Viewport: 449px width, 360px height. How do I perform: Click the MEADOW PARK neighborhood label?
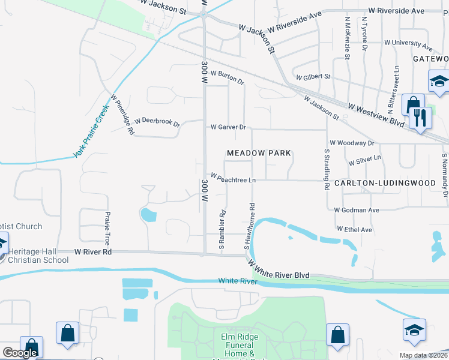pos(259,153)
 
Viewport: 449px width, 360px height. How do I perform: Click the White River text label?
pos(238,281)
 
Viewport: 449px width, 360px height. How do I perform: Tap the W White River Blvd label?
pos(279,266)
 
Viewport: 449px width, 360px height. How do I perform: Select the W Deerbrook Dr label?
pos(157,122)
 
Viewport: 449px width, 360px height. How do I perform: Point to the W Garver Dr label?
pos(228,127)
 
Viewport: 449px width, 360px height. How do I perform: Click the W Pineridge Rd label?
pos(122,114)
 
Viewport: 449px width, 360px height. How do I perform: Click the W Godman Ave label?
pos(357,210)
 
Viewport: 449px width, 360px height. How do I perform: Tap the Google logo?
pos(20,353)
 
